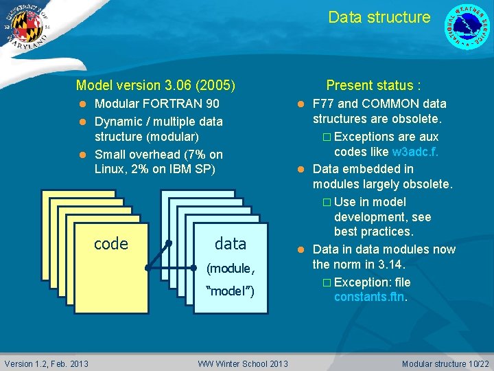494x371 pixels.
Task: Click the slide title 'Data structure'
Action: (379, 17)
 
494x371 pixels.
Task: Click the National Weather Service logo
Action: (468, 26)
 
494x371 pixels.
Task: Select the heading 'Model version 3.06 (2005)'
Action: (156, 86)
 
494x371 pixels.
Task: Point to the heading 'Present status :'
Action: (373, 86)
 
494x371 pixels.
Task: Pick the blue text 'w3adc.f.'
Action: (415, 152)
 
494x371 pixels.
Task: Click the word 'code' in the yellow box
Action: (110, 244)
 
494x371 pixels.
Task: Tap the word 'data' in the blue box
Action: (230, 243)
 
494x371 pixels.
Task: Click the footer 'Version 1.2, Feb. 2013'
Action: (47, 363)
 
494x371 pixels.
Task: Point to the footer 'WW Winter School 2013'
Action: (243, 363)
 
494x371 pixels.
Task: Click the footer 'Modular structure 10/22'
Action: (445, 363)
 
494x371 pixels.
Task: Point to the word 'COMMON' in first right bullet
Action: (386, 104)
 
